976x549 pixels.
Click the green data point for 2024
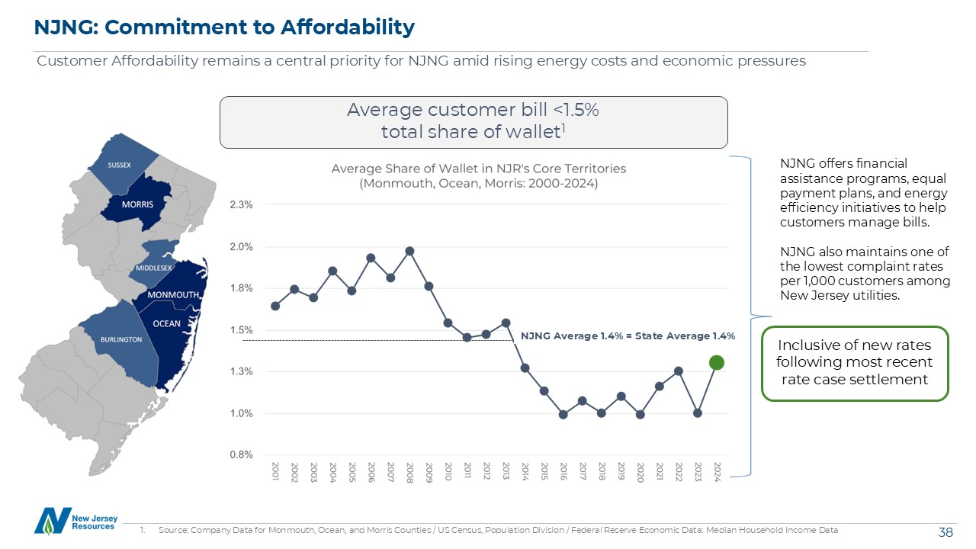click(x=715, y=362)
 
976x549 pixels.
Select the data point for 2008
click(x=409, y=251)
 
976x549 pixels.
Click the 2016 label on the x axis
click(x=563, y=470)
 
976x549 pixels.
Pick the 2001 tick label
click(x=275, y=470)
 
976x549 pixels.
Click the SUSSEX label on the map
click(x=119, y=165)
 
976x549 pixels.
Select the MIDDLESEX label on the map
click(x=155, y=268)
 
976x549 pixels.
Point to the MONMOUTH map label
click(x=173, y=295)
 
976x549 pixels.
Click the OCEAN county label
click(x=167, y=323)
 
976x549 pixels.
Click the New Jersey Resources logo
click(x=75, y=520)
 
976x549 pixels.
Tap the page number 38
click(x=945, y=531)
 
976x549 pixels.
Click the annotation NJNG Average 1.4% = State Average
click(x=627, y=335)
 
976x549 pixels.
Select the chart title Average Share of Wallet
click(x=478, y=169)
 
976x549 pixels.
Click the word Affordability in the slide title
click(x=348, y=27)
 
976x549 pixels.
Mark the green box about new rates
click(x=855, y=363)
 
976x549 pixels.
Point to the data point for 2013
click(x=506, y=323)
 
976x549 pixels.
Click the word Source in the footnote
click(x=172, y=530)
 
